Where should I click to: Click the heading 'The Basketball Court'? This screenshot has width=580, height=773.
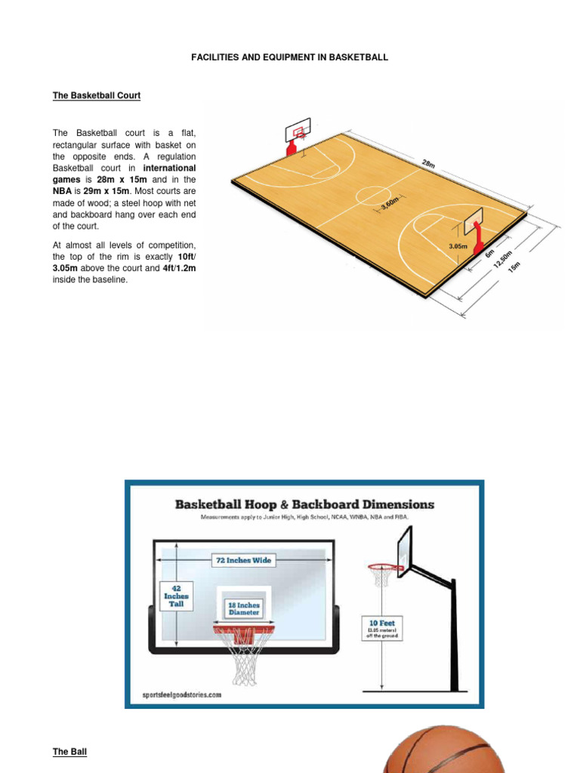point(96,96)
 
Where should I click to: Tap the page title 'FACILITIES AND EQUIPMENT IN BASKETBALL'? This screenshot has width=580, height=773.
point(290,57)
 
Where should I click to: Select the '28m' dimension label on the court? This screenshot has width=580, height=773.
point(429,164)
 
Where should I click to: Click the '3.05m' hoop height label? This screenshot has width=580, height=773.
point(458,246)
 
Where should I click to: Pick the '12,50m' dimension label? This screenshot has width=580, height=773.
point(504,260)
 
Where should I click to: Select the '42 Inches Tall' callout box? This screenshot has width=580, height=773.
point(176,596)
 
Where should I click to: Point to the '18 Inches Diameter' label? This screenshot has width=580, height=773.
point(244,608)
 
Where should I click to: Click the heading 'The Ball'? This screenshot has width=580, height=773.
point(69,752)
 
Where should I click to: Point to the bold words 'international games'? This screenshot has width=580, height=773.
point(124,174)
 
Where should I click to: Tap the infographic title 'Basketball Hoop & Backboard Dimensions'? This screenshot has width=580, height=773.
point(304,504)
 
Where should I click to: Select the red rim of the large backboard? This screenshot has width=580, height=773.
point(243,629)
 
